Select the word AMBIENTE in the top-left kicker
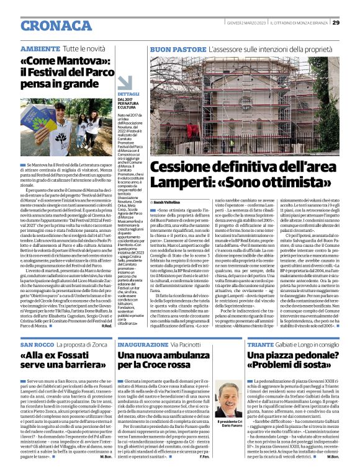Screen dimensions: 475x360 (x=40, y=48)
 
